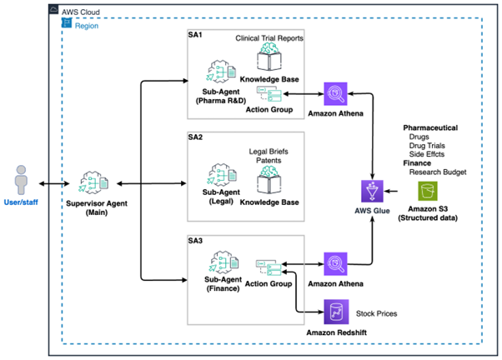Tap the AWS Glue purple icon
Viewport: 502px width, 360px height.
click(x=370, y=190)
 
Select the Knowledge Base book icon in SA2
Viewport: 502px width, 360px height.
click(x=272, y=182)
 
